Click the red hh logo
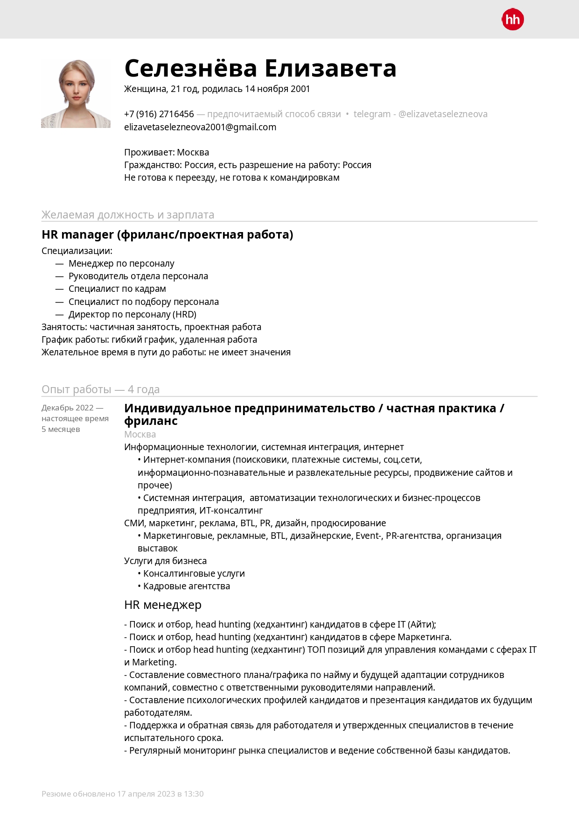click(512, 20)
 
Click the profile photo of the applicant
click(76, 93)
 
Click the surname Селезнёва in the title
click(190, 68)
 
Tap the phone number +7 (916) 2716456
click(159, 114)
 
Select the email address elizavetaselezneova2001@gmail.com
click(200, 127)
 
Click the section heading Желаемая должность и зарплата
click(128, 215)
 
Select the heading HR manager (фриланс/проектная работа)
click(167, 234)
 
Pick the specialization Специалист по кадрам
click(117, 289)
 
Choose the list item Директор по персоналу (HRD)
click(133, 314)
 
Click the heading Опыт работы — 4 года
click(100, 389)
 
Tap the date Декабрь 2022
click(68, 408)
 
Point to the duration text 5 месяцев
click(61, 429)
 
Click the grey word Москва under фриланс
click(140, 434)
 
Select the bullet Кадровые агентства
click(186, 586)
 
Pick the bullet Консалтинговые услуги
click(194, 573)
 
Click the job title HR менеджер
click(163, 605)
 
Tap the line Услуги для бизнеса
click(165, 561)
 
